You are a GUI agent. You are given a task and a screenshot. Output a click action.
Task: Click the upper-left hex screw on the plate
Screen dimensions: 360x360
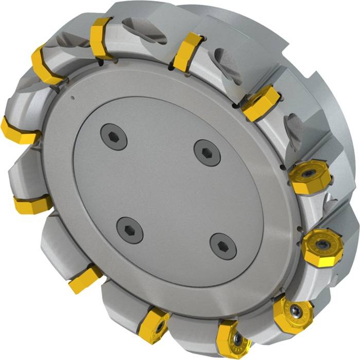[x=114, y=137]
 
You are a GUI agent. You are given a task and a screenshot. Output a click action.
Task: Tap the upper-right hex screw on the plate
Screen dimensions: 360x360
[x=207, y=152]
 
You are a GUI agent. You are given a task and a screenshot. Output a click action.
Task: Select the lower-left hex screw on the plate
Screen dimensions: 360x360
[x=130, y=230]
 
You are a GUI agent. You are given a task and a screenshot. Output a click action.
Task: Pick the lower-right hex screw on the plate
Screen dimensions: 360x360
[x=223, y=246]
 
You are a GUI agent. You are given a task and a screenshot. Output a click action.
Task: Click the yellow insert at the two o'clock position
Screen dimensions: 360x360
[x=261, y=102]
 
